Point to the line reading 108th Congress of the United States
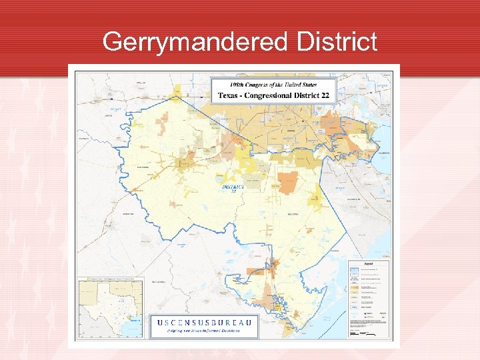point(273,85)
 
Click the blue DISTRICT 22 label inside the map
point(233,188)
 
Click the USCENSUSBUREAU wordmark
point(204,323)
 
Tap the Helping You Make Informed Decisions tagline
point(204,331)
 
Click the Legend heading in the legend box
point(369,263)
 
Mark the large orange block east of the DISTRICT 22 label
point(288,182)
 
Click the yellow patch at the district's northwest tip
point(177,90)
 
